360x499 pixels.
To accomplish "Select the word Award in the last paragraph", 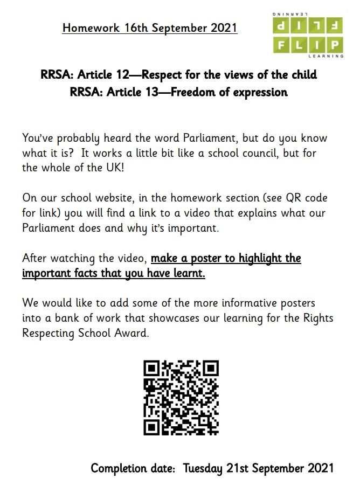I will point(131,333).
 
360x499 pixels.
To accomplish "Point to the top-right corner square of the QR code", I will point(210,369).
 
